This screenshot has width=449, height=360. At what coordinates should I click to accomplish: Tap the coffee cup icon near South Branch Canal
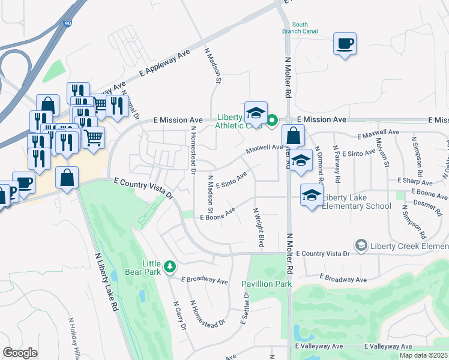tap(345, 44)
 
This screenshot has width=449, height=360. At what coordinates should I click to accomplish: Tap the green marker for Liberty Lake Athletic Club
tap(271, 121)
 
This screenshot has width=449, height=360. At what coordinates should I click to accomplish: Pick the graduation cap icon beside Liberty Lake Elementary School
tap(312, 196)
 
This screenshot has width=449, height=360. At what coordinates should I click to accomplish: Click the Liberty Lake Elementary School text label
tap(357, 202)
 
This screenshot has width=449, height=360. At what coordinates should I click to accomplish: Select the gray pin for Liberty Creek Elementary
tap(361, 245)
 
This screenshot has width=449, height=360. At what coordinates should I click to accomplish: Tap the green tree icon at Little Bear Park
tap(170, 265)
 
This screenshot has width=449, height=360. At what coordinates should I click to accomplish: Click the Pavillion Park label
tap(266, 283)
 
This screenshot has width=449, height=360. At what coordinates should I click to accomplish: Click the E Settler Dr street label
tap(245, 308)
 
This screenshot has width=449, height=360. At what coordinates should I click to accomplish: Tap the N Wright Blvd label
tap(259, 228)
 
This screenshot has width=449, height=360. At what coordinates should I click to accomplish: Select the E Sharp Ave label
tap(415, 181)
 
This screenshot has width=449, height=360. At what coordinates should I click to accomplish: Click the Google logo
tap(20, 352)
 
